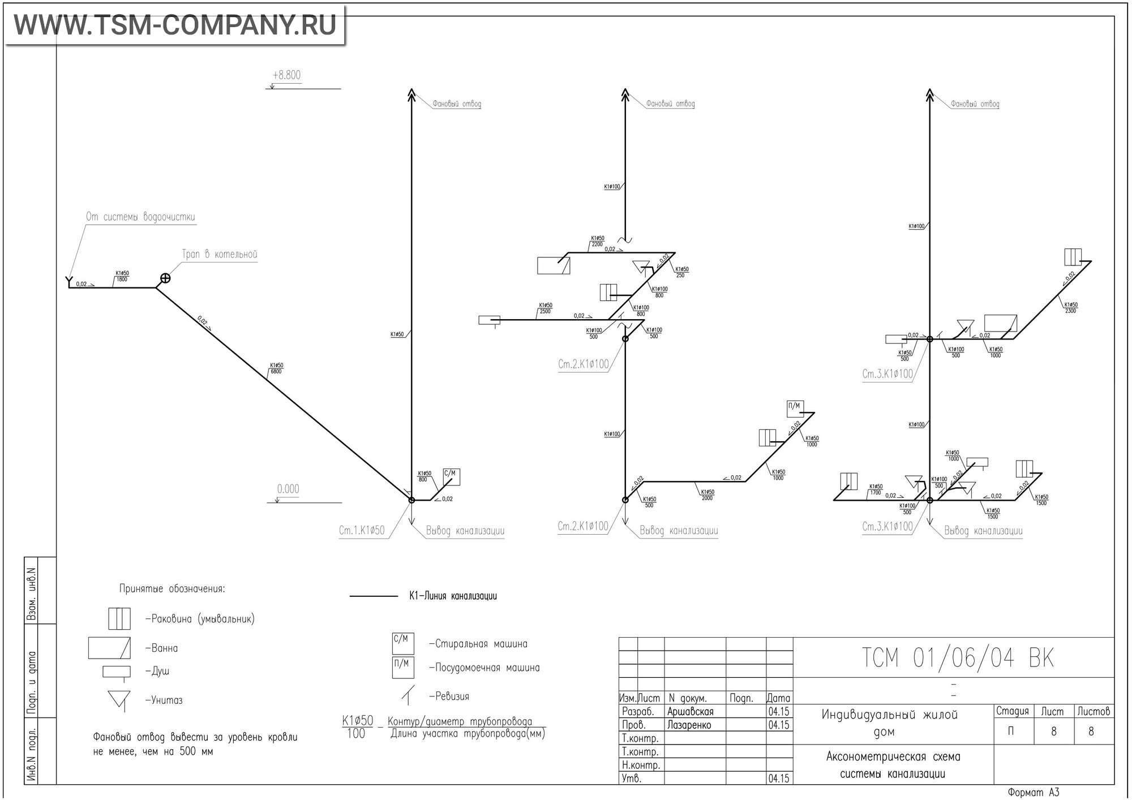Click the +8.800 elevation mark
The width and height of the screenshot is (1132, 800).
point(286,76)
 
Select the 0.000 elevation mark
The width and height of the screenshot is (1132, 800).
point(288,489)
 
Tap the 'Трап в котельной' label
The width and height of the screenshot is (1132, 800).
point(220,255)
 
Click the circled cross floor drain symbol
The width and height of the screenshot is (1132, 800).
point(165,278)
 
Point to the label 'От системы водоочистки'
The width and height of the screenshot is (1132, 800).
point(140,217)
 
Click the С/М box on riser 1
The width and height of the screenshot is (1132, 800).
point(451,476)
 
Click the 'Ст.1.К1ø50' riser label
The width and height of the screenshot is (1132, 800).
point(362,531)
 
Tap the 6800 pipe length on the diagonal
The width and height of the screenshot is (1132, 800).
point(276,372)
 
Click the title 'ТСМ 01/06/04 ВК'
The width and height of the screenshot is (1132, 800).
point(958,658)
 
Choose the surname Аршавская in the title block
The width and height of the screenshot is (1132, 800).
point(690,712)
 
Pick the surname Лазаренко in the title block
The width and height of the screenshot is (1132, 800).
point(689,725)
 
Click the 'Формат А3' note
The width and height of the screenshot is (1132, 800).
point(1033,793)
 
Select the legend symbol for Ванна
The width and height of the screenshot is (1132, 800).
point(109,648)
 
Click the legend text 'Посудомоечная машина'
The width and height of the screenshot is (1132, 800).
point(487,668)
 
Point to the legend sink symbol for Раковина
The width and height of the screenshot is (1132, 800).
point(119,618)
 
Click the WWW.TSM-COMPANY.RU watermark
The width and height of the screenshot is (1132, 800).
point(175,25)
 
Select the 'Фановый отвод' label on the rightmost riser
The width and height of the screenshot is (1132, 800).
point(975,104)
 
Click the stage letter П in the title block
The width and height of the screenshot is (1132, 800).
point(1011,731)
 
